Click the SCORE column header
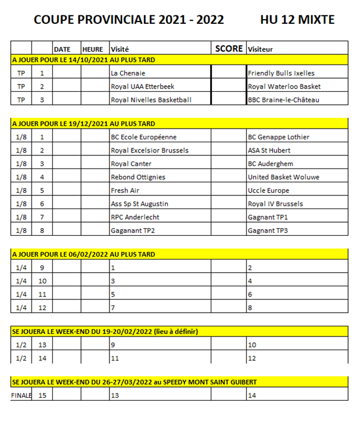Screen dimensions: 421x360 (228, 49)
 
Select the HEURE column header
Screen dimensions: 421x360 (92, 49)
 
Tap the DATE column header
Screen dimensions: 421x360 (62, 49)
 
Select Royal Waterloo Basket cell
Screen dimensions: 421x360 (284, 86)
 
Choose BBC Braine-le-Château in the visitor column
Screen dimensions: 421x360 (283, 100)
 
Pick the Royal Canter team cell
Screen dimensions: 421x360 (131, 164)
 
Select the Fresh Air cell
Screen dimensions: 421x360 (125, 191)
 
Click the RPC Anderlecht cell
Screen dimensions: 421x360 (135, 217)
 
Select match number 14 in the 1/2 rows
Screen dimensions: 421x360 (42, 358)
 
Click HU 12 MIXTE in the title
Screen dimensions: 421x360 (297, 20)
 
